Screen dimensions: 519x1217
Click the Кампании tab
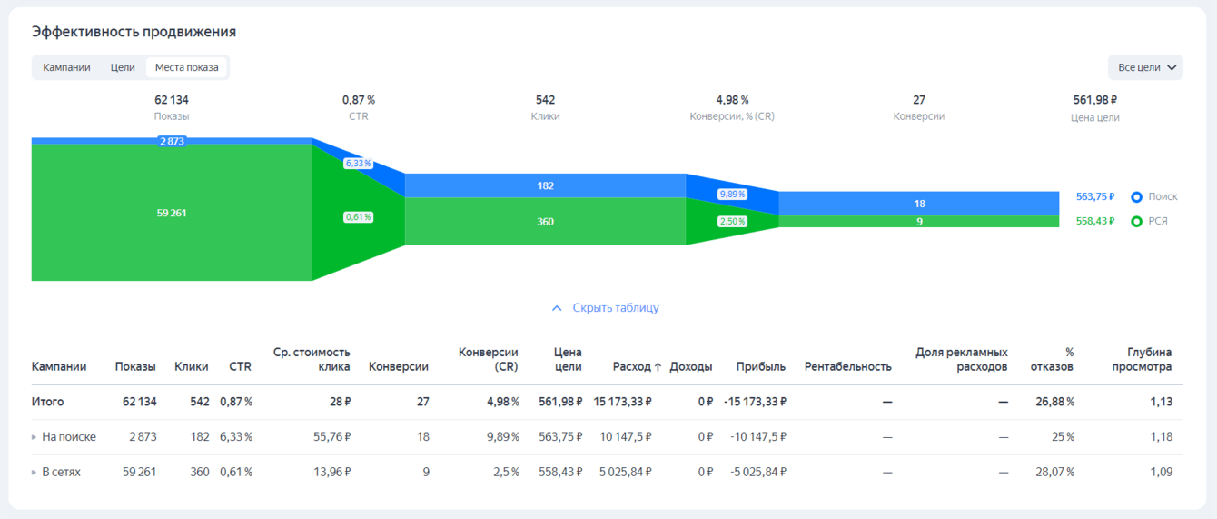pyautogui.click(x=66, y=67)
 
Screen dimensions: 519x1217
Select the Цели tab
pyautogui.click(x=123, y=67)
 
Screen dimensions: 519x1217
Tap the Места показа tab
pyautogui.click(x=186, y=67)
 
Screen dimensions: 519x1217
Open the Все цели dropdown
pyautogui.click(x=1145, y=67)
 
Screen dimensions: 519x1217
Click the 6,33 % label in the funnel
pyautogui.click(x=359, y=164)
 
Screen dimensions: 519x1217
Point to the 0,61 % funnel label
pyautogui.click(x=358, y=217)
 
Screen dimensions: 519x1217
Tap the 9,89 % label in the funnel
pyautogui.click(x=732, y=195)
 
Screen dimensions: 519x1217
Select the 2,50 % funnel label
pyautogui.click(x=732, y=222)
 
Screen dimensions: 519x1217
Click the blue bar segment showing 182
pyautogui.click(x=545, y=185)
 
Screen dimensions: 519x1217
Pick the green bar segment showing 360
pyautogui.click(x=545, y=222)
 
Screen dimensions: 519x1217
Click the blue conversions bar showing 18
pyautogui.click(x=919, y=204)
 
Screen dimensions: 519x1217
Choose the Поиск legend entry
pyautogui.click(x=1154, y=197)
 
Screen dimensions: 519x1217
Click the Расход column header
pyautogui.click(x=637, y=367)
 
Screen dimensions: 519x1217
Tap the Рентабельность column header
pyautogui.click(x=847, y=367)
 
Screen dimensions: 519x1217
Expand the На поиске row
pyautogui.click(x=35, y=437)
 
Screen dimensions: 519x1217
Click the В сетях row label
pyautogui.click(x=61, y=473)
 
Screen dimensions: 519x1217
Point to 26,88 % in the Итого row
pyautogui.click(x=1054, y=402)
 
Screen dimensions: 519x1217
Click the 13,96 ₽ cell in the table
pyautogui.click(x=332, y=473)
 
